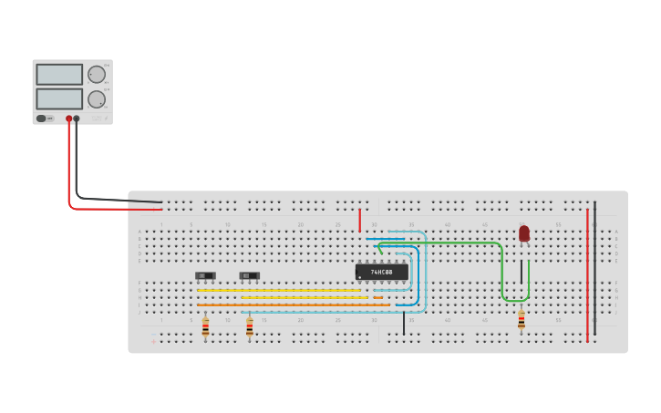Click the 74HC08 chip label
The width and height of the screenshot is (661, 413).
coord(381,272)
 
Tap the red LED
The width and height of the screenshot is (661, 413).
coord(524,233)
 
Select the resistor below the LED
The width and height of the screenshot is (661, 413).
coord(522,320)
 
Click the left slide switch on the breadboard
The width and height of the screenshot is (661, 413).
coord(205,275)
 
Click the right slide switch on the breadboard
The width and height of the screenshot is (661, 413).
coord(249,275)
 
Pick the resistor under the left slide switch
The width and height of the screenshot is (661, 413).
coord(205,326)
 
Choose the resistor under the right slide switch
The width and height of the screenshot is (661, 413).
coord(250,326)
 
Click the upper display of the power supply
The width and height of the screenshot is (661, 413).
coord(59,74)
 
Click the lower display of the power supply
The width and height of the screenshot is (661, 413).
coord(59,98)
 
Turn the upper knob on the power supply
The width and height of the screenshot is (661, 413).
coord(96,75)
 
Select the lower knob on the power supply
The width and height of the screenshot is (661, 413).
coord(96,98)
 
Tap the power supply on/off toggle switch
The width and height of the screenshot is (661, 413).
coord(41,119)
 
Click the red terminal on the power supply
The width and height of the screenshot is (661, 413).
coord(68,119)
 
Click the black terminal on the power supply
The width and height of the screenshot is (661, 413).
coord(77,119)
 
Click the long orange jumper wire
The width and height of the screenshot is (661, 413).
coord(292,305)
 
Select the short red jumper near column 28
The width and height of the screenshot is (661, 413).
coord(360,220)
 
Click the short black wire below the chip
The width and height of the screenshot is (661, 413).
coord(404,323)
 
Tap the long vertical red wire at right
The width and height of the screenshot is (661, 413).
coord(587,274)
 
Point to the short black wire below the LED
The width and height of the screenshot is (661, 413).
coord(522,271)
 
